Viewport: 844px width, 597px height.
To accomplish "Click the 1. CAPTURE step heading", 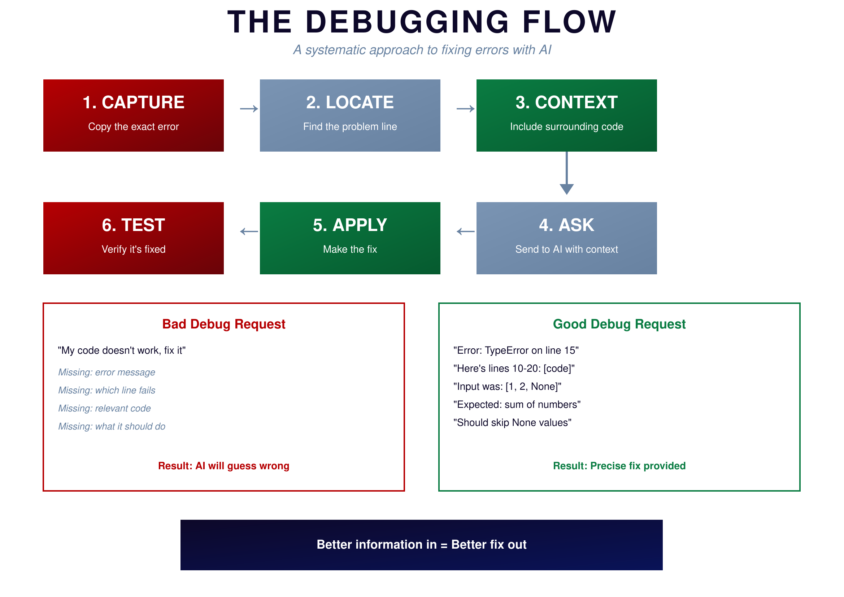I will (x=134, y=102).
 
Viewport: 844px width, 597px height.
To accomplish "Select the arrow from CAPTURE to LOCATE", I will (x=249, y=109).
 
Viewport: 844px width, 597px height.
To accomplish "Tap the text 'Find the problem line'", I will (x=350, y=126).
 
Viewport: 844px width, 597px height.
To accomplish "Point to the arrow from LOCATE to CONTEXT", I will (x=465, y=109).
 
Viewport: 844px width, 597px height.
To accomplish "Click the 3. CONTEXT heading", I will (x=566, y=102).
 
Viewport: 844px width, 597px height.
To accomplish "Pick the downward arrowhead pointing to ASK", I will (x=566, y=189).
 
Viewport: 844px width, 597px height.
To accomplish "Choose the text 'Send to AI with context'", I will (x=566, y=249).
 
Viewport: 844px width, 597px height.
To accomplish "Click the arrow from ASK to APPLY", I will (x=465, y=232).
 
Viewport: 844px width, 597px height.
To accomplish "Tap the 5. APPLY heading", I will (x=350, y=225).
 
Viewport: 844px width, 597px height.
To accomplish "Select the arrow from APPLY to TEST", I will (x=249, y=232).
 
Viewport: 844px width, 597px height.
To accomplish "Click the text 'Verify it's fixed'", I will (x=134, y=249).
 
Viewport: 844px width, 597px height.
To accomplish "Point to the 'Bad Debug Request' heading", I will (x=223, y=324).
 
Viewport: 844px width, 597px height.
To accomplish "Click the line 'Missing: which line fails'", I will (x=106, y=390).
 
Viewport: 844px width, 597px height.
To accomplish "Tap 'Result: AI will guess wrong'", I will (x=223, y=466).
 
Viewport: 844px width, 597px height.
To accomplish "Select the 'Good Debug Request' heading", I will (x=619, y=324).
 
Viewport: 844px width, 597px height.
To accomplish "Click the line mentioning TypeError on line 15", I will (x=516, y=350).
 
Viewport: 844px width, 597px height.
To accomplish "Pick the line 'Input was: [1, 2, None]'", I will (x=507, y=386).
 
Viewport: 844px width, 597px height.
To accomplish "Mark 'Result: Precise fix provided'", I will (x=619, y=466).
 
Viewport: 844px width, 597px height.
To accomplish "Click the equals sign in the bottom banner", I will (x=444, y=545).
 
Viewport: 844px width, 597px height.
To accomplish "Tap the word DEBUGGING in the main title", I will (x=407, y=22).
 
